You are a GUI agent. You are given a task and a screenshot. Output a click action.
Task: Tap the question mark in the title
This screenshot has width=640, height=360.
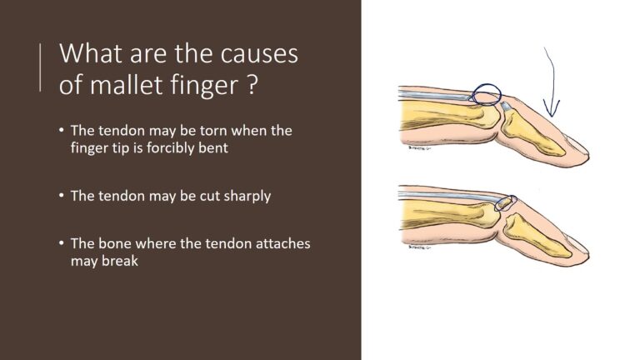coord(252,84)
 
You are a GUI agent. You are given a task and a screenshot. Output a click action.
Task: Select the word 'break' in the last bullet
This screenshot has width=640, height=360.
coord(120,261)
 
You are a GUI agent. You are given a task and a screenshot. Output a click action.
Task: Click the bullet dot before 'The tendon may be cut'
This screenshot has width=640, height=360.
coord(61,196)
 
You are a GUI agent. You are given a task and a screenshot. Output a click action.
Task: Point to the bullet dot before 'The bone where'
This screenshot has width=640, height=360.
coord(61,243)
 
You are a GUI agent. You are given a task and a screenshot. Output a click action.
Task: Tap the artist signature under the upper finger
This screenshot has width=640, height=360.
coord(419,147)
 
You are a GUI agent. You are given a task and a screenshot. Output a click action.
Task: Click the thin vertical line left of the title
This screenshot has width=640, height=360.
coord(40,67)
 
